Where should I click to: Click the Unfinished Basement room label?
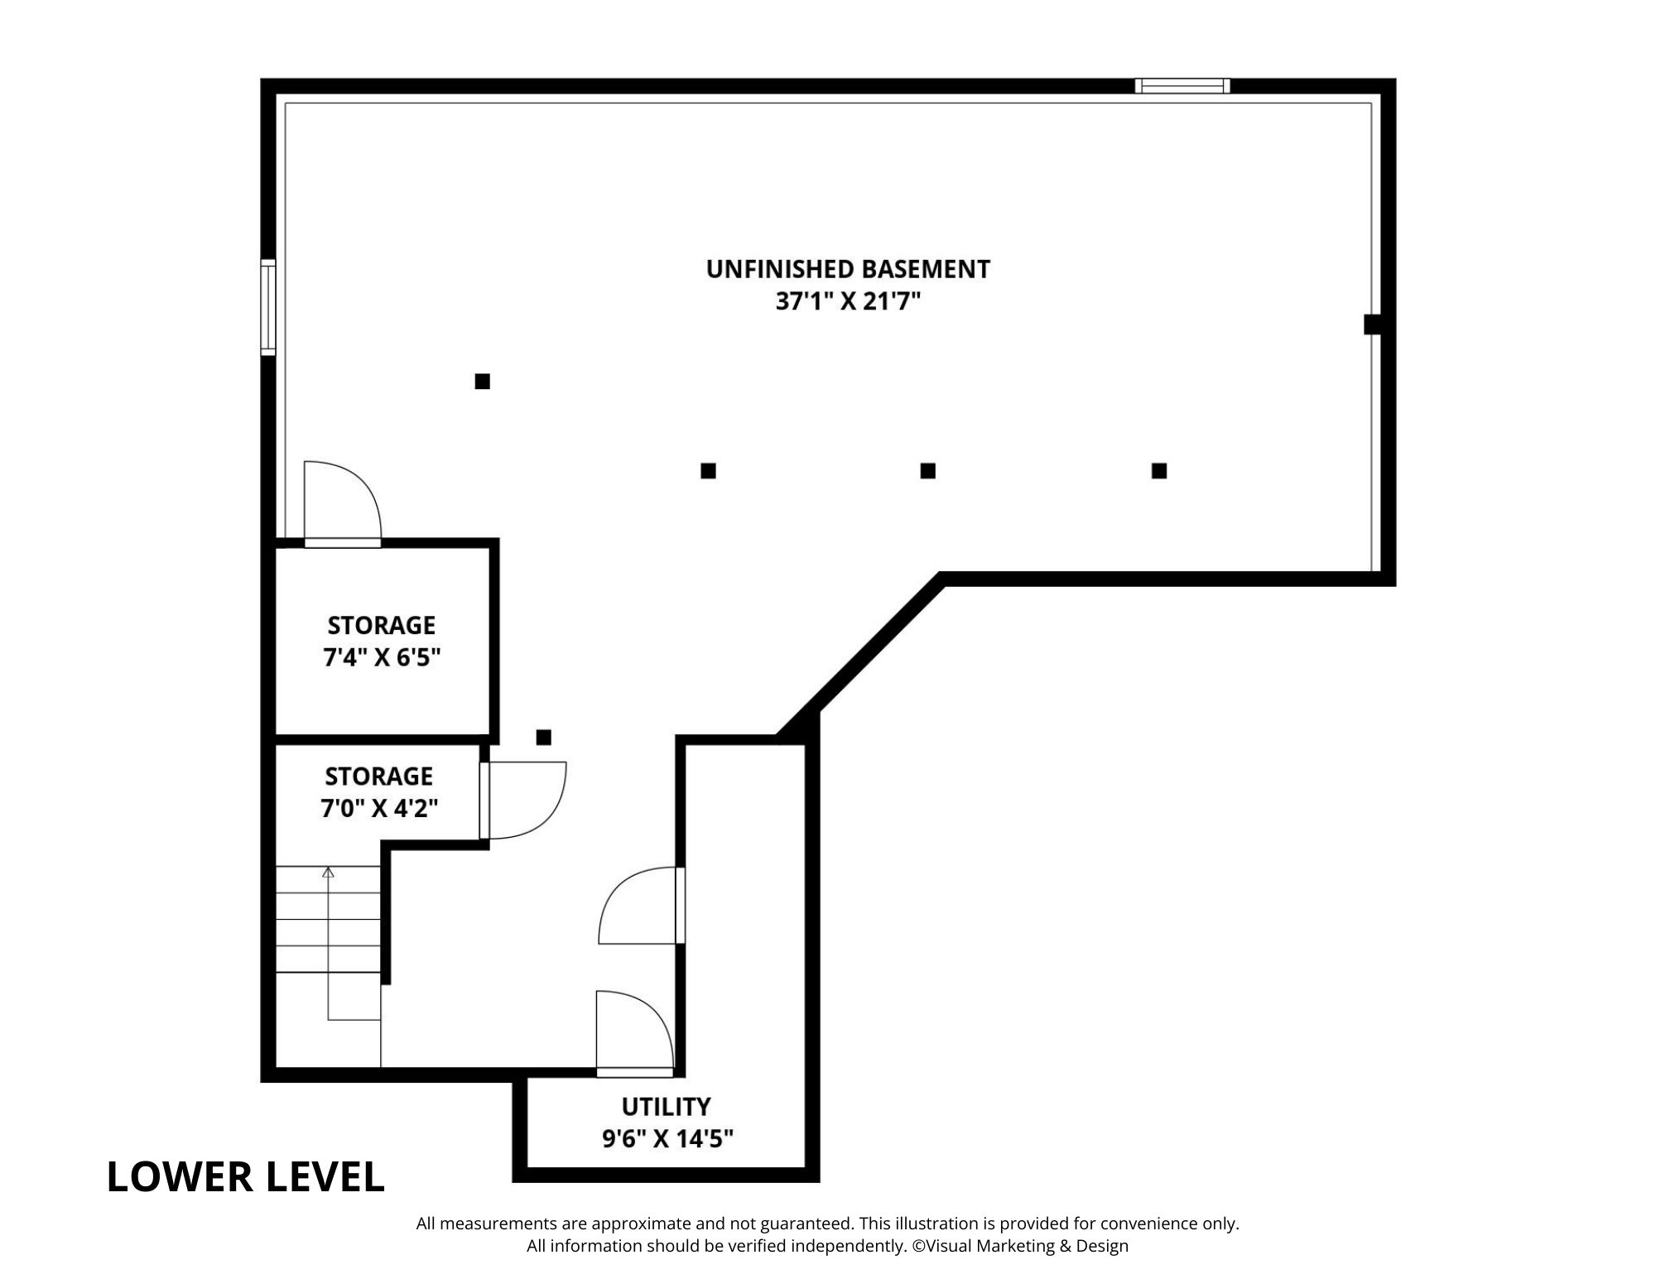(x=848, y=269)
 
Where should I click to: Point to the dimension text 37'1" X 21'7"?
(x=848, y=302)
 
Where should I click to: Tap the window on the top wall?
(x=1182, y=85)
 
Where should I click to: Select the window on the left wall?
(x=267, y=307)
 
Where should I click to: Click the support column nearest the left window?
(x=482, y=381)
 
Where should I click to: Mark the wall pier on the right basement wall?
(x=1373, y=324)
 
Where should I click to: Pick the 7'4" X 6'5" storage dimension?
(x=381, y=658)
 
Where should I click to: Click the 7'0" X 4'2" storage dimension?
(x=379, y=808)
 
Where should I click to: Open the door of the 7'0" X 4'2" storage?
(x=523, y=801)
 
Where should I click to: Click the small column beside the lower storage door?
(x=543, y=737)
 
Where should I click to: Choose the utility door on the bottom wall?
(x=635, y=1034)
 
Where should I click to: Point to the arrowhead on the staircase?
(x=328, y=872)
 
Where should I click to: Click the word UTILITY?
(x=667, y=1106)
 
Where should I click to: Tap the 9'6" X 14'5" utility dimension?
(x=667, y=1140)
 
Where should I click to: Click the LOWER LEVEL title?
(x=246, y=1176)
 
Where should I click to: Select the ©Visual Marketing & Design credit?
(x=1020, y=1246)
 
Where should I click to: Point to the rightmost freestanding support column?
(x=1159, y=470)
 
